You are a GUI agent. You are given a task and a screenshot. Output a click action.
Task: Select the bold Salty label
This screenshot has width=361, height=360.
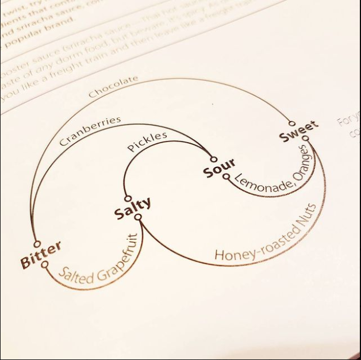tap(133, 208)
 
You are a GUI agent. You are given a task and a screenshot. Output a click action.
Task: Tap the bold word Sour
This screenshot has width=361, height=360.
tap(219, 168)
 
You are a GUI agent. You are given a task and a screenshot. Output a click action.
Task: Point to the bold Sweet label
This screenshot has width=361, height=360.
tap(298, 132)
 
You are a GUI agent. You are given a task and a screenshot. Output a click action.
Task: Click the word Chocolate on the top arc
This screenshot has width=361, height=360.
tap(113, 86)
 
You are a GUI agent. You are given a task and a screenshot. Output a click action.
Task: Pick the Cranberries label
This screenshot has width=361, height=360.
tap(90, 131)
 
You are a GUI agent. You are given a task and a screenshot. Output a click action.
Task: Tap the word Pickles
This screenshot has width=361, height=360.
tap(147, 142)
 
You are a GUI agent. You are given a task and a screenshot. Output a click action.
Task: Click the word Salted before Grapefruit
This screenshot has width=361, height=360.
tap(76, 275)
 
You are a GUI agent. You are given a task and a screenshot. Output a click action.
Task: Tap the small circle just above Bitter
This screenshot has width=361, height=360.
tap(37, 244)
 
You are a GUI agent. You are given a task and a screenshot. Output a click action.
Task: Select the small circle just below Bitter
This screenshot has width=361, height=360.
tap(45, 265)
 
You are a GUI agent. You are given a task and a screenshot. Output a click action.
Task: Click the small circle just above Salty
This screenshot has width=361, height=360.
tap(128, 198)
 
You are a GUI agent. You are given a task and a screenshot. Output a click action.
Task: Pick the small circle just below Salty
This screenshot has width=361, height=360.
tap(138, 217)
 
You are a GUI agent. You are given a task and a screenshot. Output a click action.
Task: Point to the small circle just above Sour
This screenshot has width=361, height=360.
tap(214, 159)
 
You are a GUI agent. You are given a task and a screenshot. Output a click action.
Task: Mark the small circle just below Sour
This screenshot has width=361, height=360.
tap(226, 177)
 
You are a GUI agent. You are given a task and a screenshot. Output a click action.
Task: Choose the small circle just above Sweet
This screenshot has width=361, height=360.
tap(292, 123)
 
